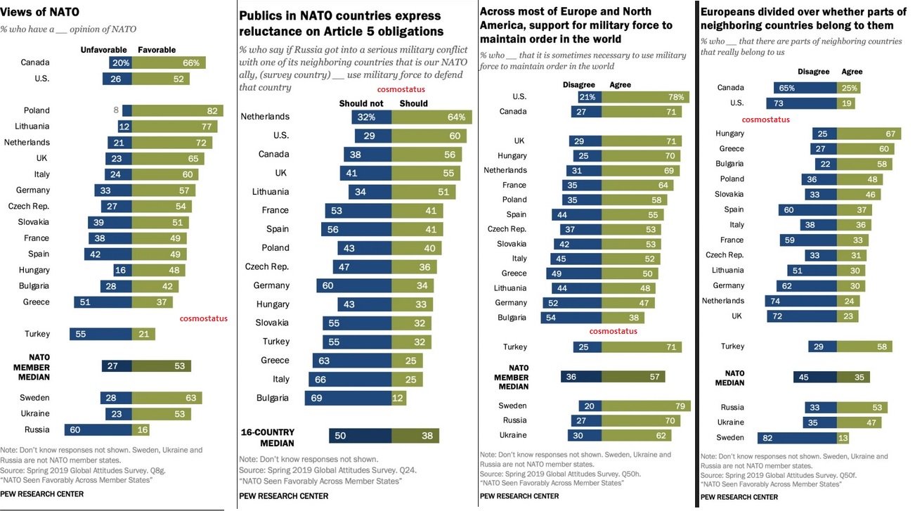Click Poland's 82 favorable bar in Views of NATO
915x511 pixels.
point(177,110)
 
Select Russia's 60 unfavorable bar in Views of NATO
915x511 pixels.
point(98,429)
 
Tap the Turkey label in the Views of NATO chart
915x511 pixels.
point(37,334)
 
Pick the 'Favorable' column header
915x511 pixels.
point(157,50)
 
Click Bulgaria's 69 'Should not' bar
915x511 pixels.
point(348,398)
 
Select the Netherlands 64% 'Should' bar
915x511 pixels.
point(431,117)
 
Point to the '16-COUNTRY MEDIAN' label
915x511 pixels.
point(267,437)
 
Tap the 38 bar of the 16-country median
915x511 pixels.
point(415,436)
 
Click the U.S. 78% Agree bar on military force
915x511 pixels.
point(644,96)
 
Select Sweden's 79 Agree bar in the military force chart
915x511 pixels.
point(646,406)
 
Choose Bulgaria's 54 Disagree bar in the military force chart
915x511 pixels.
point(571,318)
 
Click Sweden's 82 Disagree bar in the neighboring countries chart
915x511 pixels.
point(797,438)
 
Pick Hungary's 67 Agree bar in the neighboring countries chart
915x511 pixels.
point(864,134)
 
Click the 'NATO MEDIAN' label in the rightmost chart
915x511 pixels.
point(729,377)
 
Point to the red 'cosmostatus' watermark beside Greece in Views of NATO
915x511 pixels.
point(204,318)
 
